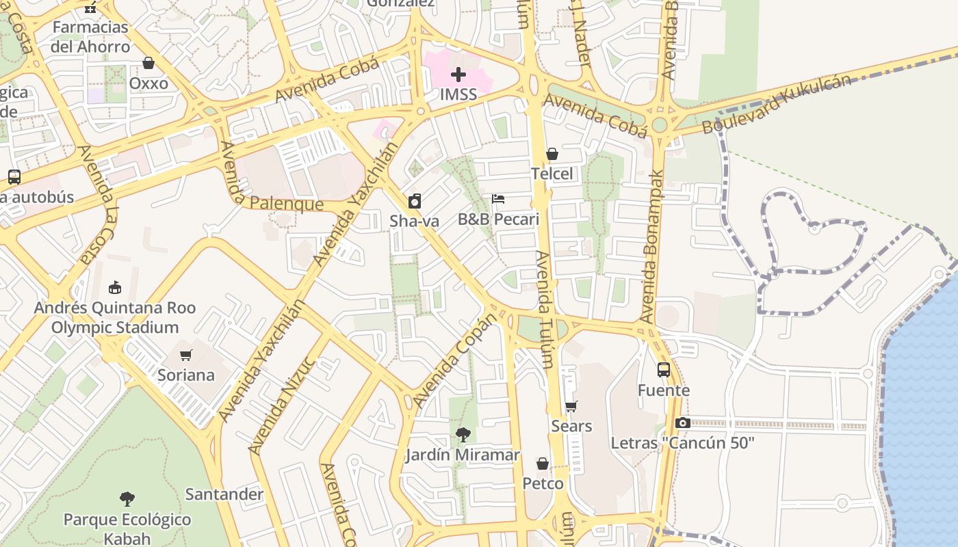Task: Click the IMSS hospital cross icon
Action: coord(458,75)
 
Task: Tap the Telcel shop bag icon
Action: coord(552,155)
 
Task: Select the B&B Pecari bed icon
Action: coord(498,199)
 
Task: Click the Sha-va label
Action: coord(414,221)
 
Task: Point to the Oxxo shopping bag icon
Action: coord(148,64)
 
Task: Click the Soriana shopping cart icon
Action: coord(185,355)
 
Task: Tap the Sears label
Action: coord(571,426)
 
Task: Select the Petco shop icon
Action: coord(543,464)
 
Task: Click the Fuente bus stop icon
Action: coord(664,370)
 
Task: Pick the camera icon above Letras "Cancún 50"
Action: coord(682,423)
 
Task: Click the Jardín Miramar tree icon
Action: coord(463,435)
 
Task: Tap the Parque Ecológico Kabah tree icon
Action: coord(127,499)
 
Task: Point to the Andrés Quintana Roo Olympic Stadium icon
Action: coord(115,287)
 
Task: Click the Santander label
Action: coord(224,494)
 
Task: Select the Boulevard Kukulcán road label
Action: coord(777,104)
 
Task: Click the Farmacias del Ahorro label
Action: coord(90,37)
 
